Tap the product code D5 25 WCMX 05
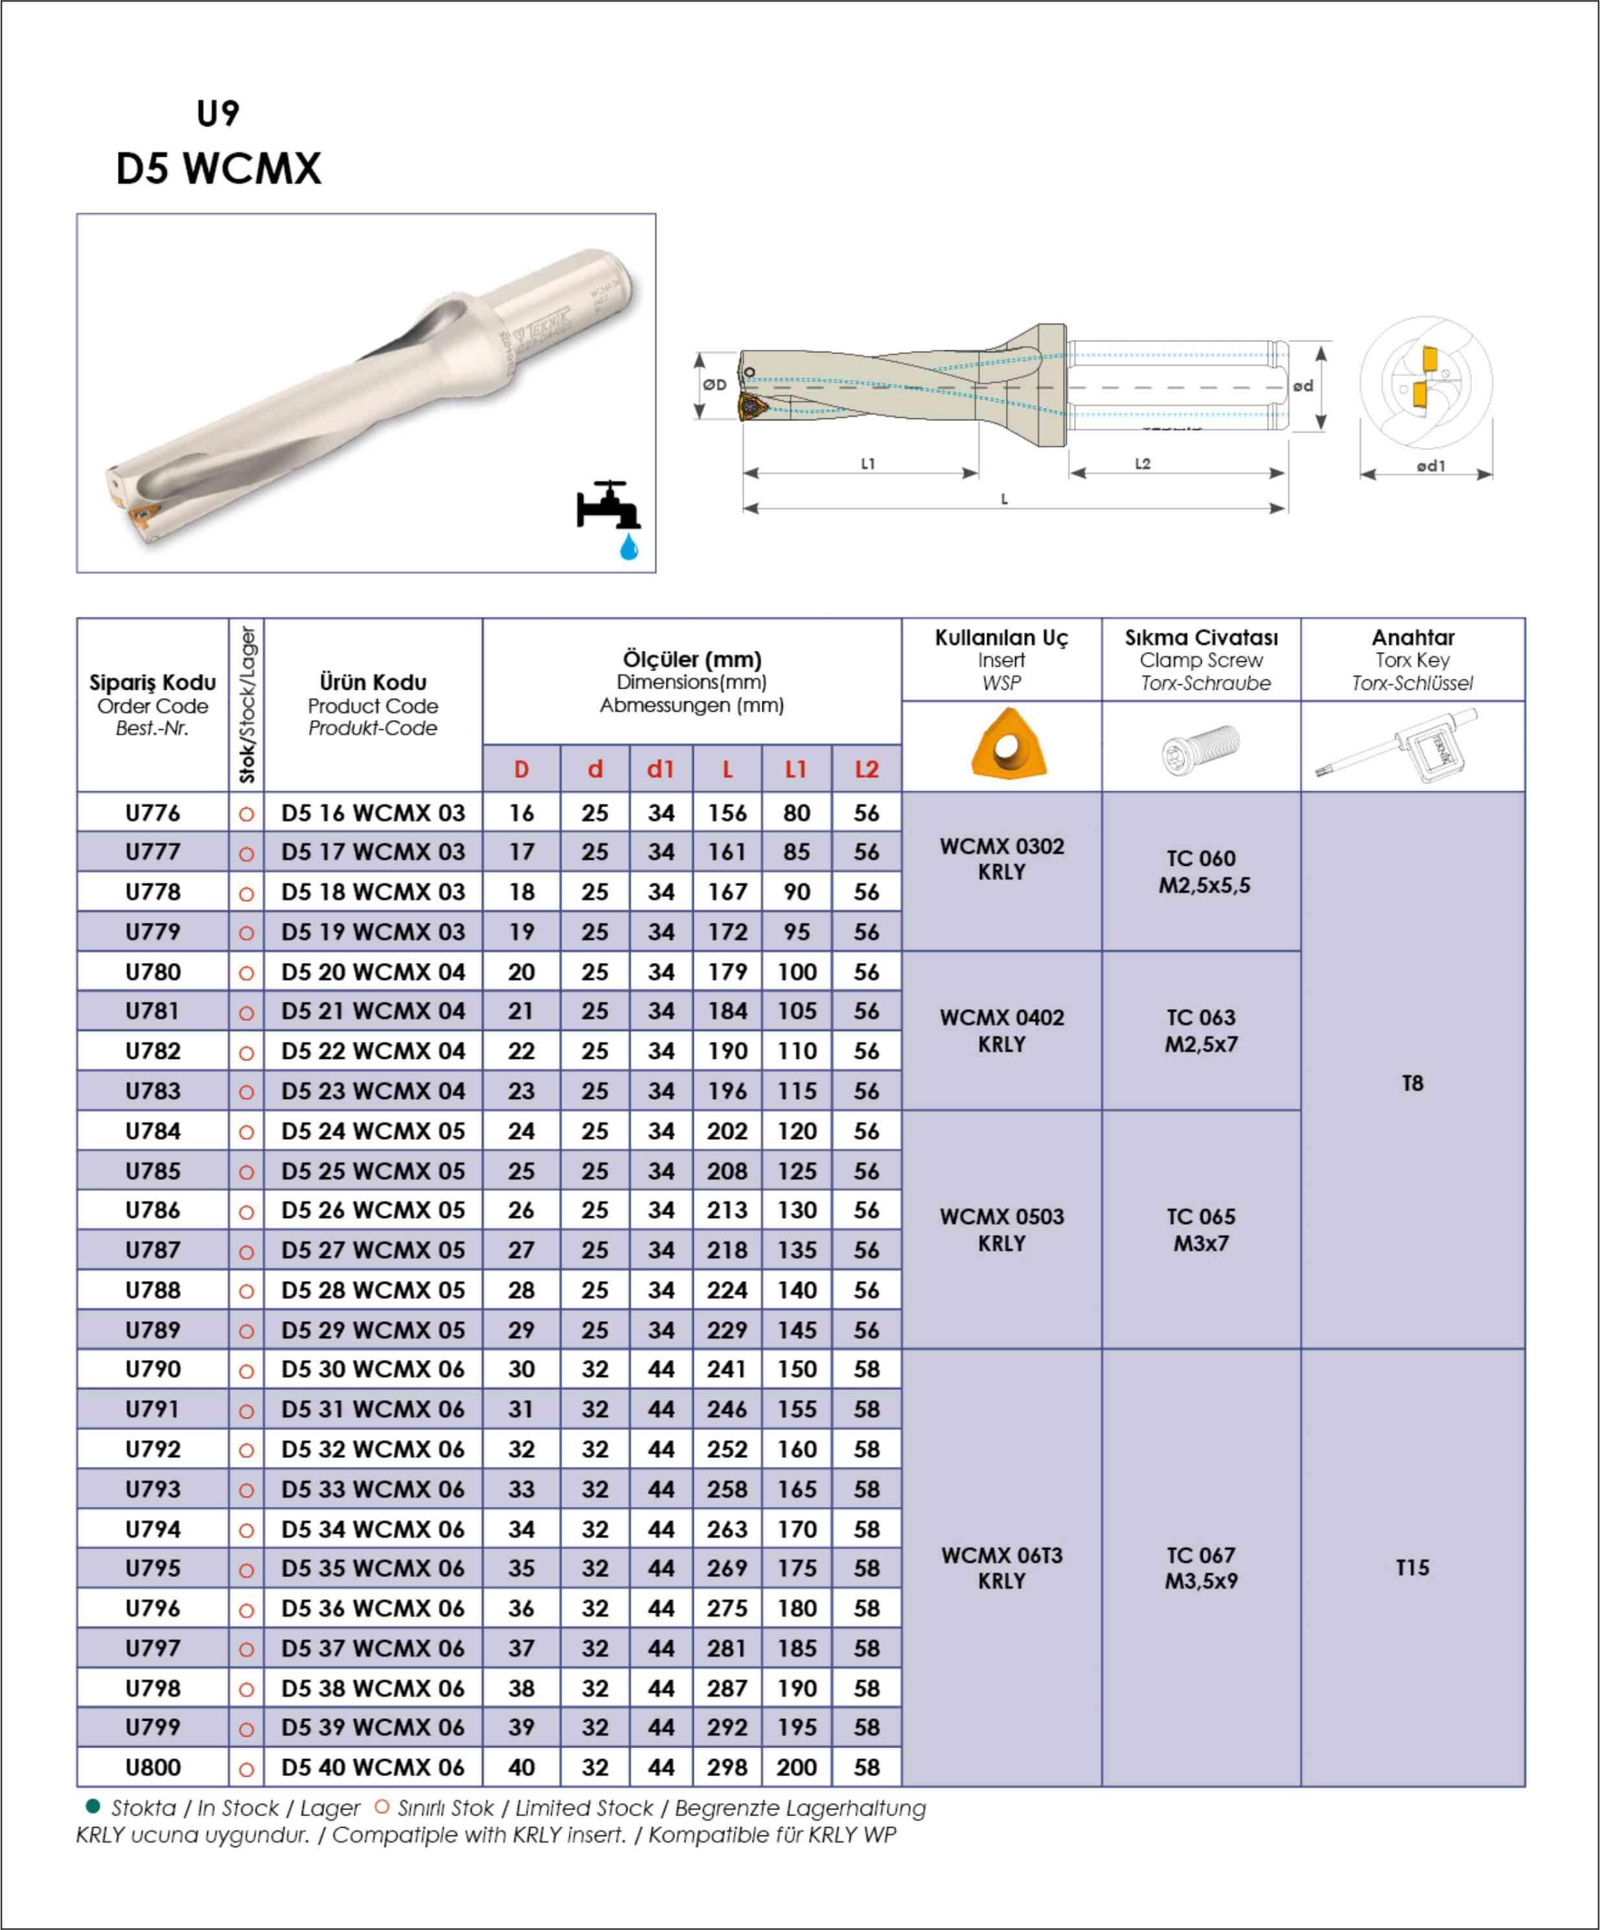point(373,1171)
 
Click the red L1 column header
point(796,769)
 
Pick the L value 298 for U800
point(727,1767)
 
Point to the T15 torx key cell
point(1413,1567)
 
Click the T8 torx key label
point(1413,1084)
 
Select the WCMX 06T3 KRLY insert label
point(1001,1568)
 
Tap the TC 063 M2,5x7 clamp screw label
point(1201,1030)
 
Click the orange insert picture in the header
point(1008,744)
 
